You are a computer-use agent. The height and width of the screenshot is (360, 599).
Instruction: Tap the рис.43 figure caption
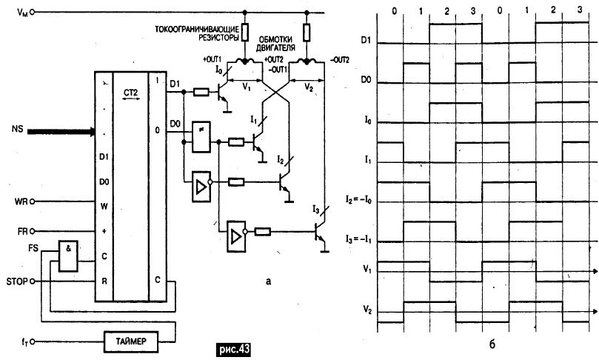233,348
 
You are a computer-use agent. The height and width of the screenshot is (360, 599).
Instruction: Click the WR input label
20,201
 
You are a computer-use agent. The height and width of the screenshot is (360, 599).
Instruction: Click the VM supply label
16,13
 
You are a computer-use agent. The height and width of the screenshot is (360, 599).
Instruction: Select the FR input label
20,230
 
